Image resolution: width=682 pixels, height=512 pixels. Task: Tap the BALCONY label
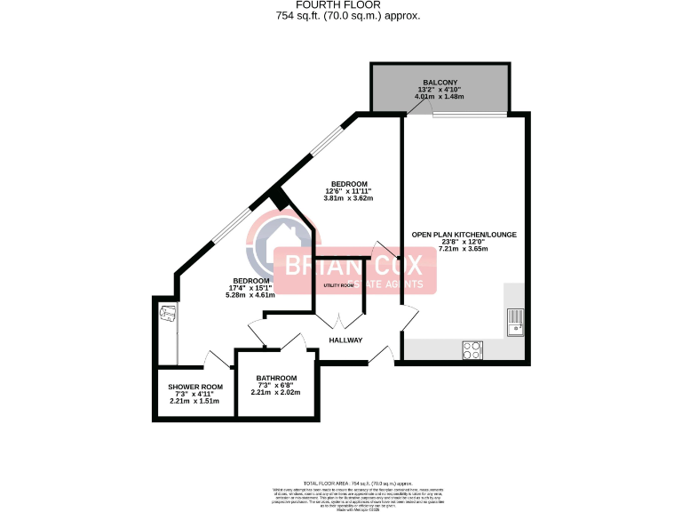click(x=440, y=81)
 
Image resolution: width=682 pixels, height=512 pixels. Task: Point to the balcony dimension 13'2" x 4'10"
click(x=440, y=90)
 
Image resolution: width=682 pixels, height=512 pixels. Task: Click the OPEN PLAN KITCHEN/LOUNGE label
click(x=464, y=235)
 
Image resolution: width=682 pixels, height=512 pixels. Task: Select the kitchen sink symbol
click(x=515, y=321)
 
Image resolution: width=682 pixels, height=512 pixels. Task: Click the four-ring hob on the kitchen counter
click(x=472, y=350)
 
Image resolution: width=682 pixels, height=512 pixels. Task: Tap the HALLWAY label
click(x=346, y=340)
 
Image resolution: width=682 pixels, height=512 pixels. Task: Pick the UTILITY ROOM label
click(x=339, y=285)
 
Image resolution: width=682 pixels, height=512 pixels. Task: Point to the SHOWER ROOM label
click(x=195, y=387)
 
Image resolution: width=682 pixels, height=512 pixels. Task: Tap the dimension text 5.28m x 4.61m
click(x=251, y=295)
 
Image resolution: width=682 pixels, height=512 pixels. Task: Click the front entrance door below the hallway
click(x=383, y=355)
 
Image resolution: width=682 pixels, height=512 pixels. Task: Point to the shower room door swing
click(x=216, y=359)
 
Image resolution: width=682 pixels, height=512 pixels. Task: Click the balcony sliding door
click(x=469, y=115)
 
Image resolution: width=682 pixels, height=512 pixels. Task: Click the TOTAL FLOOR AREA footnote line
click(x=341, y=478)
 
